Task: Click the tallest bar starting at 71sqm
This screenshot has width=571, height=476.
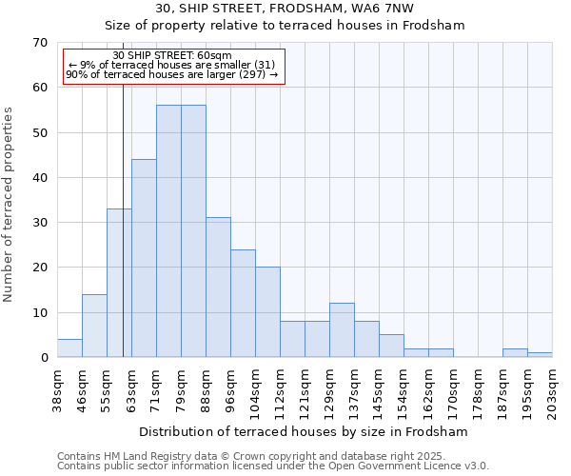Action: coord(168,231)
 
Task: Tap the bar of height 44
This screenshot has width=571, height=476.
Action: coord(144,258)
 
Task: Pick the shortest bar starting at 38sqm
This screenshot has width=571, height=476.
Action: coord(69,348)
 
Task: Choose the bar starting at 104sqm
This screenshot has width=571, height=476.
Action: coord(267,312)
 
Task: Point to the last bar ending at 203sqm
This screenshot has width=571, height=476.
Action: coord(540,355)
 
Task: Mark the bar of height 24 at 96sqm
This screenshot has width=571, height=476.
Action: coord(243,304)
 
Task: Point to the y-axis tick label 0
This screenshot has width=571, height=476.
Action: coord(44,358)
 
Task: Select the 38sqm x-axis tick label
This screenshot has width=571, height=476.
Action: coord(57,391)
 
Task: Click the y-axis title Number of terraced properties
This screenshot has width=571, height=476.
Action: coord(10,205)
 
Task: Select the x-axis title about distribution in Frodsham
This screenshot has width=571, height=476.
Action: coord(304,431)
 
